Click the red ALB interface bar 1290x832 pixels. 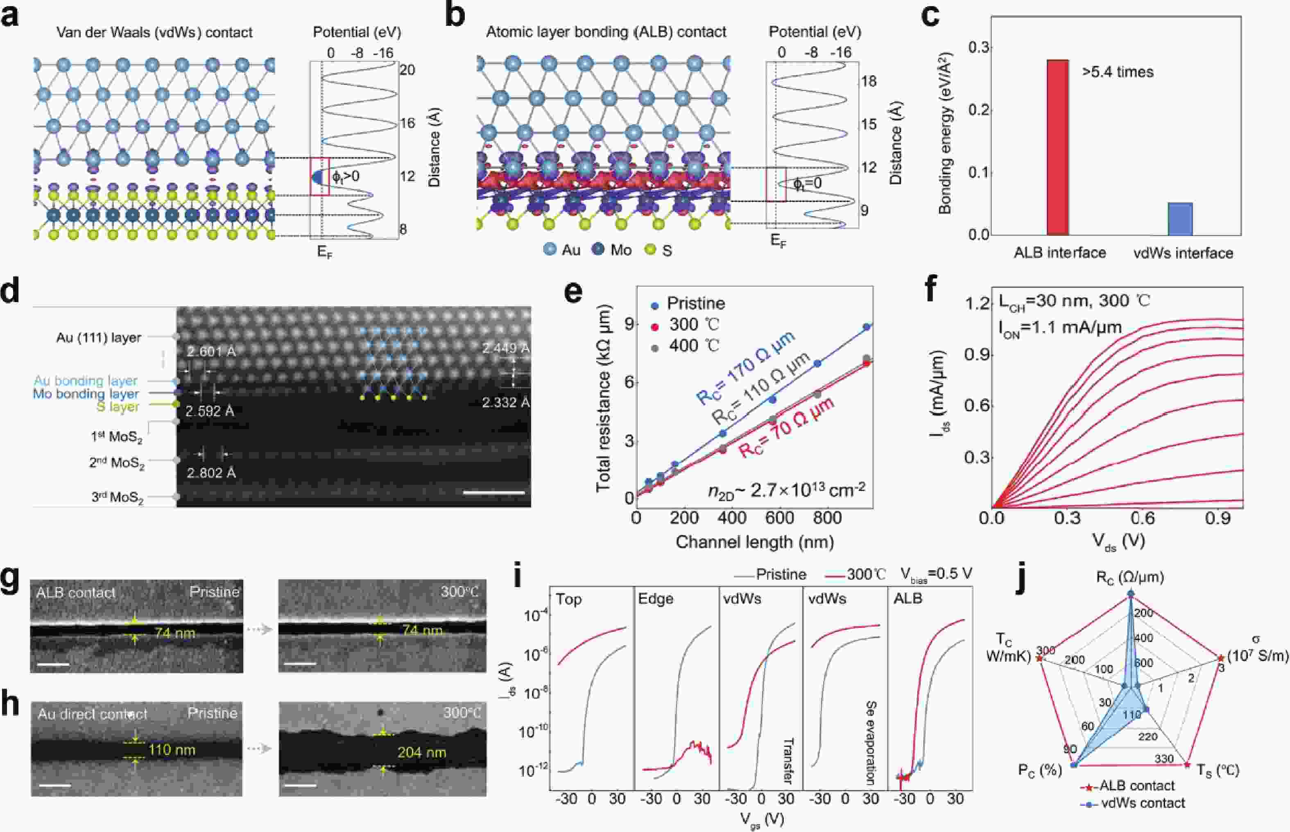(x=1057, y=147)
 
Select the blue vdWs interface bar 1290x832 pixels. (x=1180, y=219)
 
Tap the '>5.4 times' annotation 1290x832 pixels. (x=1117, y=72)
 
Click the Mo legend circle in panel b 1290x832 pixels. (x=598, y=250)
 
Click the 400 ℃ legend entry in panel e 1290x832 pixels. (x=694, y=346)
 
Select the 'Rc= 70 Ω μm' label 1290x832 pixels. (x=786, y=428)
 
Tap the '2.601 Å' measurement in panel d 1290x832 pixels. (x=211, y=352)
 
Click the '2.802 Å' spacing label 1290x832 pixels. (x=211, y=473)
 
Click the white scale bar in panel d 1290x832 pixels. (x=494, y=493)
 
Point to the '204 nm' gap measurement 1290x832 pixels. (x=421, y=753)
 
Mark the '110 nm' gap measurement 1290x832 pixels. (x=171, y=750)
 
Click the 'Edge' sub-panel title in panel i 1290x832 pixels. (x=656, y=599)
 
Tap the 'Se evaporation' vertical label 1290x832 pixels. (x=870, y=742)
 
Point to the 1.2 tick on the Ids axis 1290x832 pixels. (x=978, y=304)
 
